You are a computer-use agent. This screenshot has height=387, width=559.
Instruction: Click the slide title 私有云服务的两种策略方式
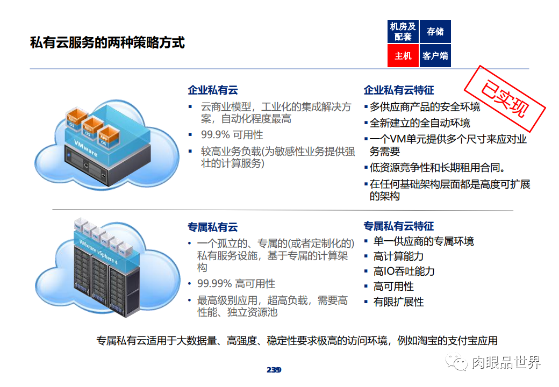tap(107, 43)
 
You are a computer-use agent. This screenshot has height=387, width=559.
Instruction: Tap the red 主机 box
tap(403, 55)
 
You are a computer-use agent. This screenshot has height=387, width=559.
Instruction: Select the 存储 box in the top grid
tap(435, 32)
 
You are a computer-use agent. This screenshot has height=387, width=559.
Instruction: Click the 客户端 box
tap(435, 55)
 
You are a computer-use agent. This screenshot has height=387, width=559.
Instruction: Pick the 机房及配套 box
tap(403, 32)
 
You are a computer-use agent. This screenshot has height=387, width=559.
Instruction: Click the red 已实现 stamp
tap(505, 100)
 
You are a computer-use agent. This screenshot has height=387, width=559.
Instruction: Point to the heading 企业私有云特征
tap(399, 90)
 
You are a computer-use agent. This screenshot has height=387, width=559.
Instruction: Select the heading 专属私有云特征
tap(399, 226)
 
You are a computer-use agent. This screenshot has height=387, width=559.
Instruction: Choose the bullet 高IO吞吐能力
tap(404, 271)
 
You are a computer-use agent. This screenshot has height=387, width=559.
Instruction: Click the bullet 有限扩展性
tap(399, 302)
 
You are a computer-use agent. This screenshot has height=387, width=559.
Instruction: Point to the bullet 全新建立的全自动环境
tap(420, 123)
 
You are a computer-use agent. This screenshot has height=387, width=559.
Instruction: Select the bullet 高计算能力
tap(399, 256)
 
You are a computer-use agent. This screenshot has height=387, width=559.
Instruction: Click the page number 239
tap(274, 370)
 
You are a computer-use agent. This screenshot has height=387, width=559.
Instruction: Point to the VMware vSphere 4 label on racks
tap(98, 252)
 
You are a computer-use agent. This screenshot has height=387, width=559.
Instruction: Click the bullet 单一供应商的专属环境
tap(424, 241)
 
